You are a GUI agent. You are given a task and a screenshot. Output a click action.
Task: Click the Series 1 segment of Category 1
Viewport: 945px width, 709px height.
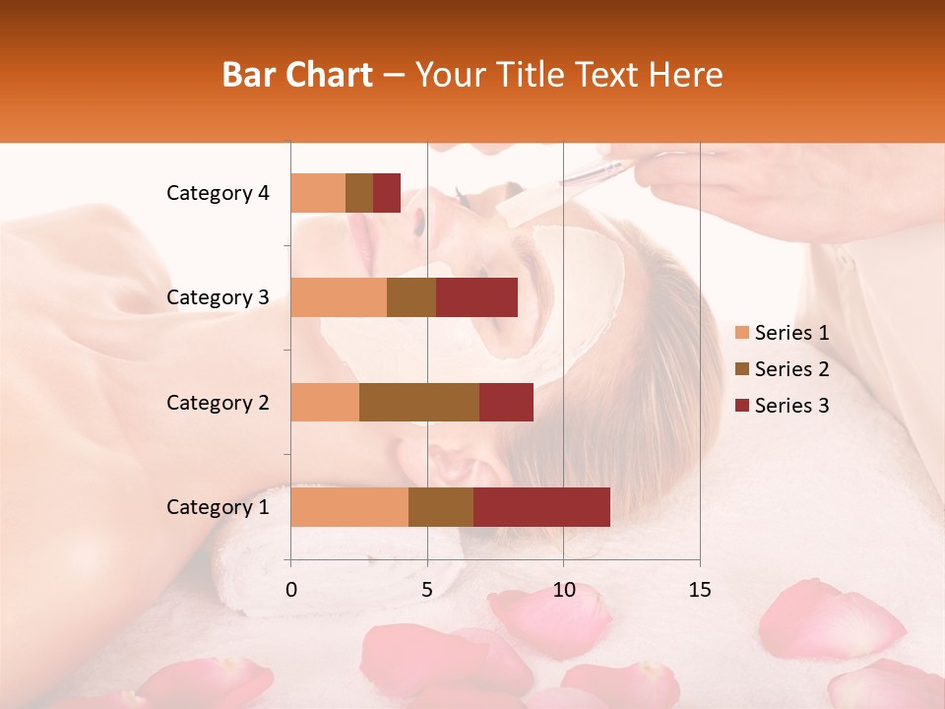[x=349, y=507]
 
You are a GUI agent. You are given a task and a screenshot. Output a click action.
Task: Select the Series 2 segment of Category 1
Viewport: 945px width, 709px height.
[x=441, y=507]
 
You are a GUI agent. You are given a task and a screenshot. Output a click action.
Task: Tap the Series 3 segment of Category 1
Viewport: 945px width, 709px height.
[x=541, y=507]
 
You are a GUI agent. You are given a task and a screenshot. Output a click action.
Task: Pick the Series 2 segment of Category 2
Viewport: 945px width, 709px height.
[x=419, y=402]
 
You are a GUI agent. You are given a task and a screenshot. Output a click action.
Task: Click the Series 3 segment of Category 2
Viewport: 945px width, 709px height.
[x=506, y=402]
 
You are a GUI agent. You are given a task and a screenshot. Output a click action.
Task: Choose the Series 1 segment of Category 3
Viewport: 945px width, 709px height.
[x=339, y=297]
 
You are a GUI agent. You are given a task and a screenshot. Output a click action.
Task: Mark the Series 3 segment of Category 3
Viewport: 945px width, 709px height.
[x=476, y=297]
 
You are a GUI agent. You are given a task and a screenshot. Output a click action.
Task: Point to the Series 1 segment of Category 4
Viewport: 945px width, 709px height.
[x=318, y=193]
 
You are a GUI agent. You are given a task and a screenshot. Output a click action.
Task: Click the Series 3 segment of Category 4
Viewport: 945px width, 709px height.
[x=387, y=193]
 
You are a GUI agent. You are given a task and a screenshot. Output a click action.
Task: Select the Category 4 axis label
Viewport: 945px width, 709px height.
[x=218, y=193]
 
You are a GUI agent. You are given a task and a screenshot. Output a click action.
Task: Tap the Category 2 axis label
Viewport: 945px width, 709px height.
[x=218, y=402]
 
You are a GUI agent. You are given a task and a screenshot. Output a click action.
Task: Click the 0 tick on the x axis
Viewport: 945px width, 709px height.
[x=291, y=590]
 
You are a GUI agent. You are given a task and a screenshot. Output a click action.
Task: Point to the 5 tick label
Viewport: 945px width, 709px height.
[x=427, y=590]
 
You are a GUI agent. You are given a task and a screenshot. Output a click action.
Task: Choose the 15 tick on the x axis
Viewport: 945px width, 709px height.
[x=699, y=590]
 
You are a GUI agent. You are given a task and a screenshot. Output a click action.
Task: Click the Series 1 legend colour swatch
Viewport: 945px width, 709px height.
[x=742, y=333]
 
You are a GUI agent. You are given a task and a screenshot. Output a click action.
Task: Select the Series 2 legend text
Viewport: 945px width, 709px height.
[x=791, y=369]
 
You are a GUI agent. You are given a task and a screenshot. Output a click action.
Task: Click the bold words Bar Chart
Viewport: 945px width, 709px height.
[x=297, y=75]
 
